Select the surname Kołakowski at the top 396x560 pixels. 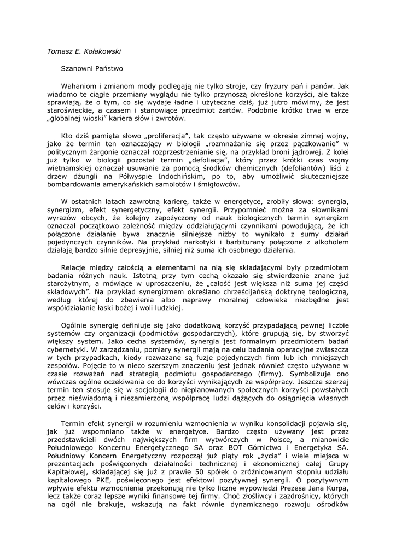click(102, 51)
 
